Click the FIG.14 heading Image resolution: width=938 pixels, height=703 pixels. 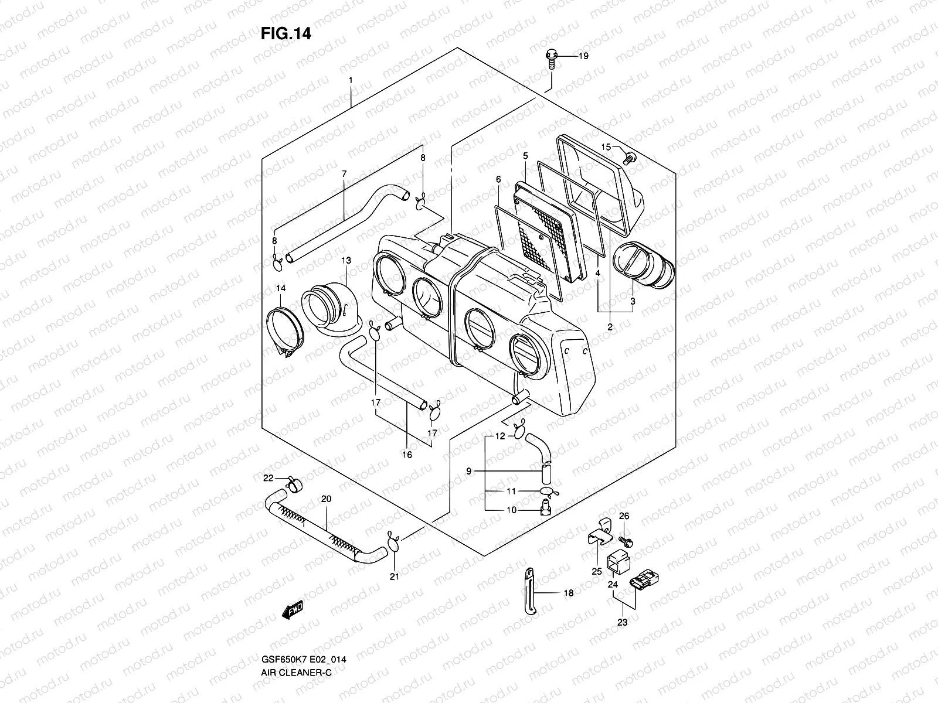[x=286, y=34]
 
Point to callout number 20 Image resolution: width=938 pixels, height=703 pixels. [x=327, y=499]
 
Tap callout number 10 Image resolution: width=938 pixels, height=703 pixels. [x=511, y=510]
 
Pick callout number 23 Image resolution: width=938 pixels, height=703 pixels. [x=622, y=622]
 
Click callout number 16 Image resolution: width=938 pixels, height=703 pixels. [x=407, y=455]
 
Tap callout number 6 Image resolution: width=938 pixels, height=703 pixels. [x=498, y=179]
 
